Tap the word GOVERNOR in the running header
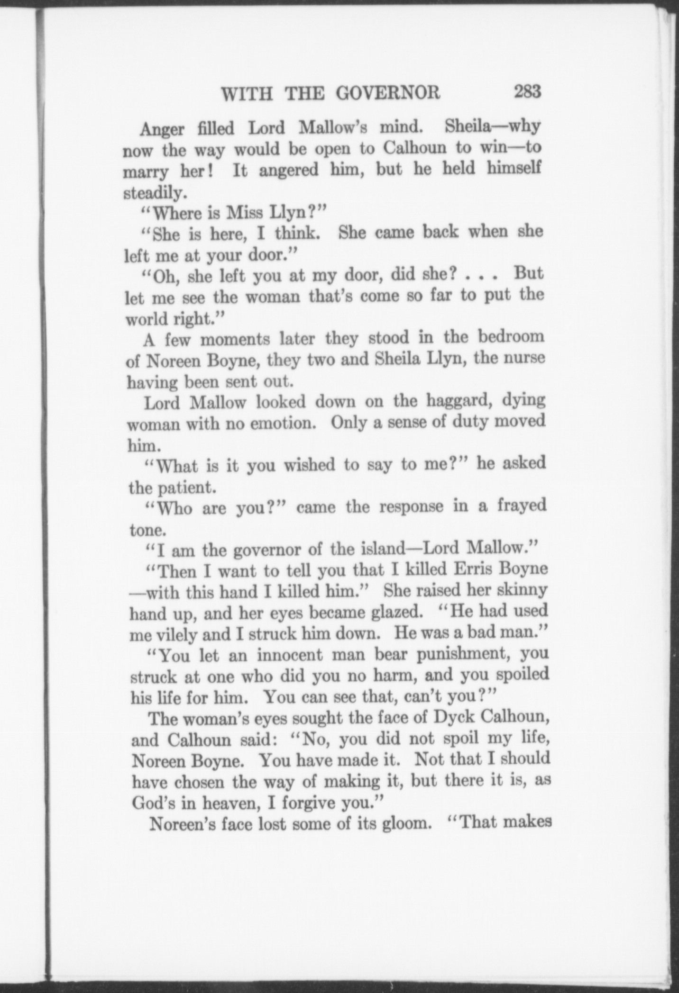click(388, 93)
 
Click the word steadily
click(152, 193)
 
